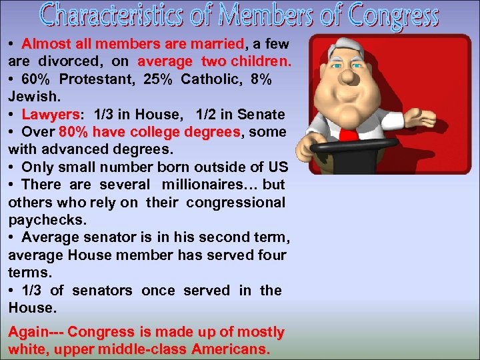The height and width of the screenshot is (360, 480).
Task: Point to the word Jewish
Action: coord(30,97)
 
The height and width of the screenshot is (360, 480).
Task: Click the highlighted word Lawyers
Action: coord(50,115)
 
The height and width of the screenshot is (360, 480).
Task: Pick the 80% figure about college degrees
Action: coord(73,132)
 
